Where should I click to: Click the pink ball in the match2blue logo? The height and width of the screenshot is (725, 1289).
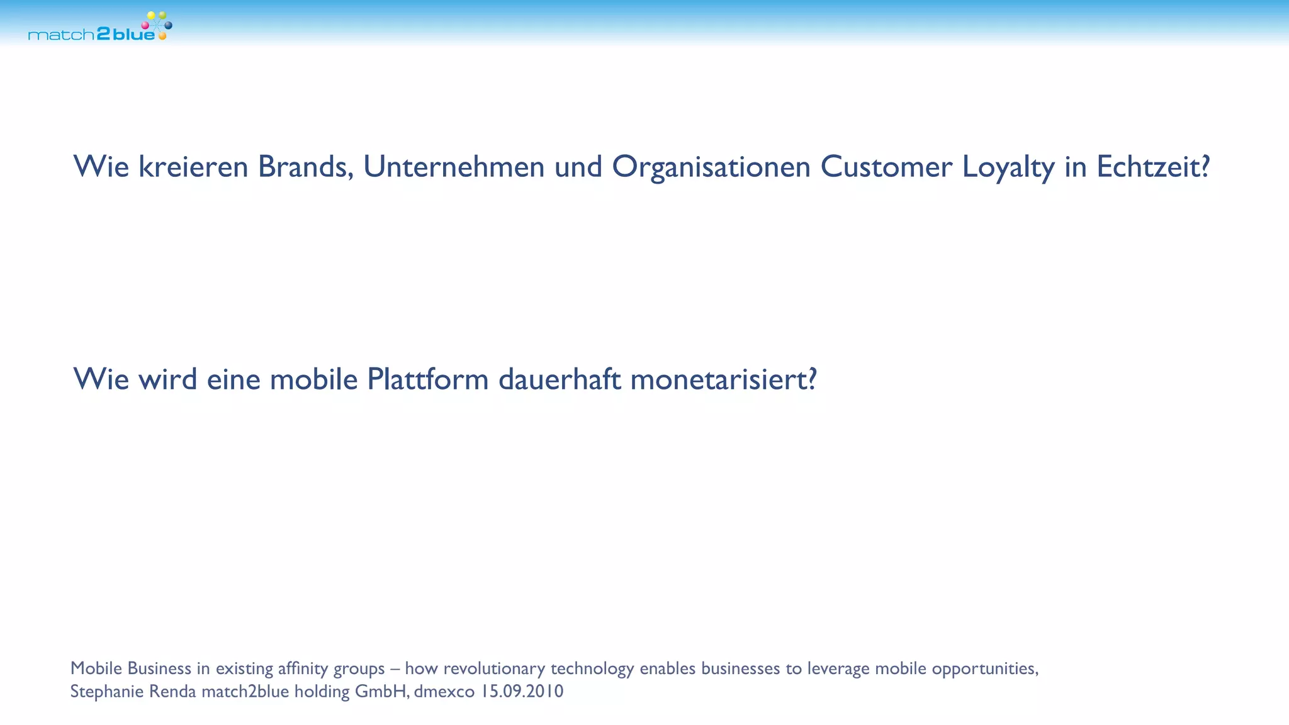click(x=145, y=25)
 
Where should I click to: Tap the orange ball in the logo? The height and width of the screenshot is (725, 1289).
click(x=162, y=37)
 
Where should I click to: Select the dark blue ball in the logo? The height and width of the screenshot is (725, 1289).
click(x=168, y=25)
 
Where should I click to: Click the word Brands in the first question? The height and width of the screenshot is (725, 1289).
click(x=305, y=167)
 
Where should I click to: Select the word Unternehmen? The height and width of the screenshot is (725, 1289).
click(x=454, y=167)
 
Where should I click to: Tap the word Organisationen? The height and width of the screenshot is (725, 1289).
click(x=711, y=167)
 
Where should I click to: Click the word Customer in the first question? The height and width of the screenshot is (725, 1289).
click(x=886, y=167)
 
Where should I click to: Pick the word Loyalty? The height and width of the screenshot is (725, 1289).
click(x=1008, y=167)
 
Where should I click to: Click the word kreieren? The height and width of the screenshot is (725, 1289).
click(x=193, y=167)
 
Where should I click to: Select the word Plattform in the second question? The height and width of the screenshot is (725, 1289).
click(x=428, y=379)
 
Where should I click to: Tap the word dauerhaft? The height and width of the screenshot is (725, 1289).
click(x=560, y=379)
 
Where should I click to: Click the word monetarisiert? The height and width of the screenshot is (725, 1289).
click(x=723, y=379)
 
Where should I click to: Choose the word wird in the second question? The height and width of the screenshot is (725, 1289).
click(x=168, y=379)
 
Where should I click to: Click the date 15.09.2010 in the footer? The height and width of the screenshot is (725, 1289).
click(x=522, y=692)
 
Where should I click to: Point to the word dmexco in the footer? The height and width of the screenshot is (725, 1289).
click(x=444, y=692)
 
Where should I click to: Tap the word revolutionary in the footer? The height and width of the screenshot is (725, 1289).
click(x=494, y=668)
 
